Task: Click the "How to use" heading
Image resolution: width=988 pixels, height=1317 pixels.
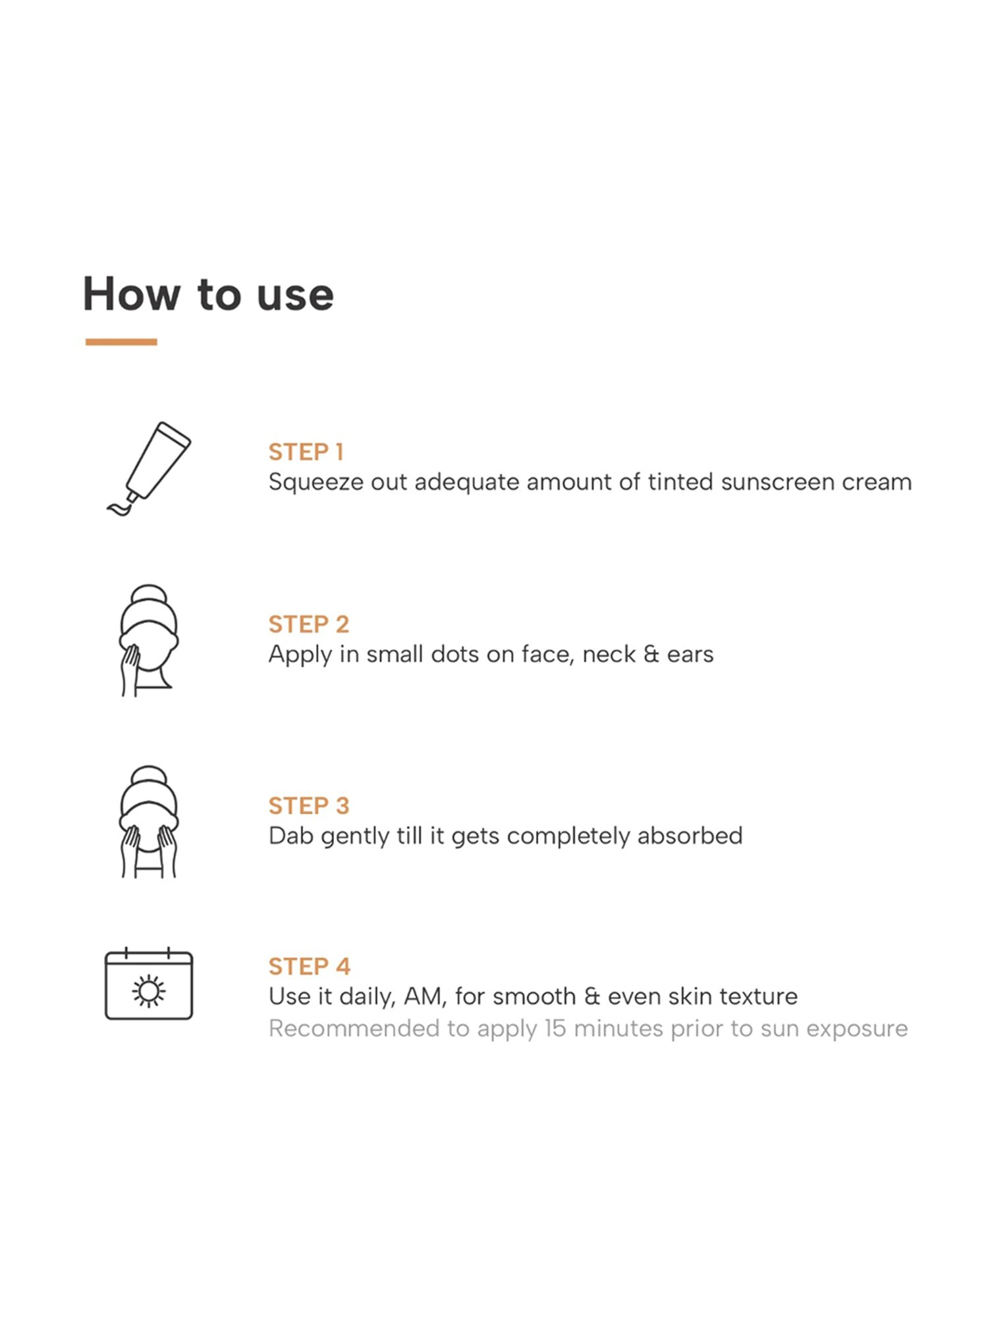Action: (208, 294)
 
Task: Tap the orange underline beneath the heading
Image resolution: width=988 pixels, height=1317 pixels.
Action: (121, 342)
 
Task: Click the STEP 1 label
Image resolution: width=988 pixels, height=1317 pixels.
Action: (306, 452)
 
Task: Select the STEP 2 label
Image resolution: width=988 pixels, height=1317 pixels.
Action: (308, 624)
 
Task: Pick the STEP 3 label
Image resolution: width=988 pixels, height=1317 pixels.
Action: (308, 805)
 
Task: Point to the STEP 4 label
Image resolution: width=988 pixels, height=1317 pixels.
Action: (309, 966)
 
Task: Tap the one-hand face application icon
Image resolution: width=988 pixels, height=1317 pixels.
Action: (149, 640)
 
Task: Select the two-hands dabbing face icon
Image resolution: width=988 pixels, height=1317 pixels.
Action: (149, 821)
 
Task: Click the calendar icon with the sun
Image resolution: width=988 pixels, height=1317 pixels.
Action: (149, 983)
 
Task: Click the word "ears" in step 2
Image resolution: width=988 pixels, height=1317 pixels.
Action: (690, 655)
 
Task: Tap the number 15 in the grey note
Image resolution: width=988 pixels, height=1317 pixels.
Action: (555, 1029)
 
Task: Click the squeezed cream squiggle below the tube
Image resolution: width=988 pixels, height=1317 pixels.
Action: (119, 508)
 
